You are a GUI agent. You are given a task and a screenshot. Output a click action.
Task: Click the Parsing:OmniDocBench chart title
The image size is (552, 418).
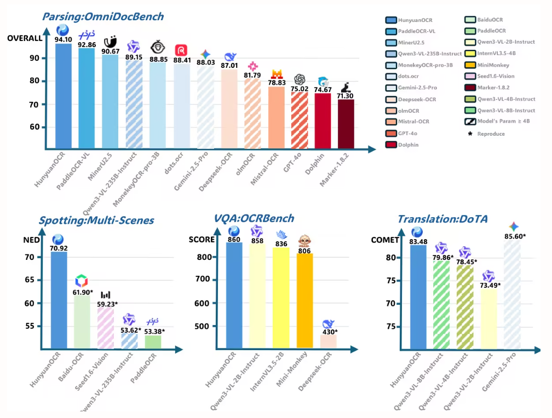tap(102, 16)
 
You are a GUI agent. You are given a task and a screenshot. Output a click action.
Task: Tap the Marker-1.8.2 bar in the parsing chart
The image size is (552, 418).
tap(346, 124)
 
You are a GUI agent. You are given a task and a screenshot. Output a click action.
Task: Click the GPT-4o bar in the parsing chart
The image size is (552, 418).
tap(299, 120)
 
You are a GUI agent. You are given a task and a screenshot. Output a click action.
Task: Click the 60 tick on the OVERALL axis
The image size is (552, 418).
tap(34, 127)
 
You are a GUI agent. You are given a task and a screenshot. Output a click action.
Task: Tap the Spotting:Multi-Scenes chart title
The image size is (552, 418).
tap(96, 221)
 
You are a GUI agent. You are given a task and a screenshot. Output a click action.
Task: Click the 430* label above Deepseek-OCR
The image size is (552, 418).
tap(329, 332)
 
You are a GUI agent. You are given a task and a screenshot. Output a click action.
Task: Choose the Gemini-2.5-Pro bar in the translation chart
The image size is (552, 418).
tap(513, 295)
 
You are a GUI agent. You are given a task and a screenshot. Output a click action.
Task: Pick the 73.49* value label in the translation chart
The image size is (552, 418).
tap(490, 285)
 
